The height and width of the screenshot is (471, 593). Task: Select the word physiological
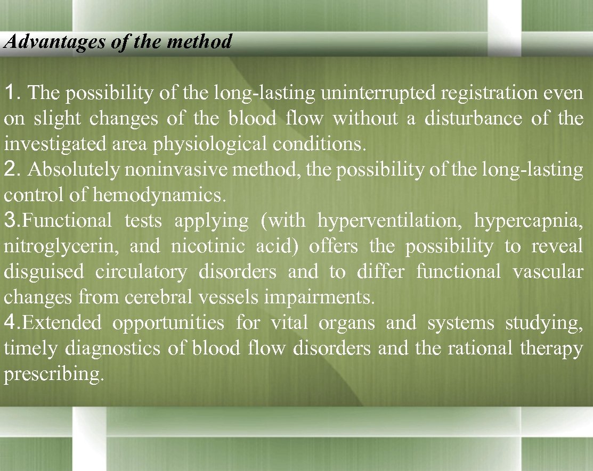pos(213,144)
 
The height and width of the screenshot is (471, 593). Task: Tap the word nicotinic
pos(208,246)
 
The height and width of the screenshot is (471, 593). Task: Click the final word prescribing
pos(52,375)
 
